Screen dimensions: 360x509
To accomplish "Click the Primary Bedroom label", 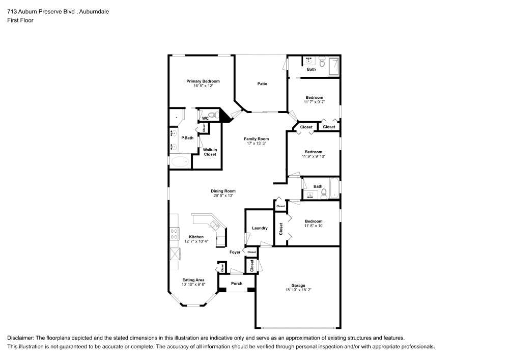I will [x=203, y=81].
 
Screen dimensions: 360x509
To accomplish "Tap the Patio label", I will [x=262, y=84].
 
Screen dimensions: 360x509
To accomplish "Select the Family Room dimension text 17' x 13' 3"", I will [x=256, y=144].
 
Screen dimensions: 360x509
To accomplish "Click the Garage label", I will [x=298, y=285].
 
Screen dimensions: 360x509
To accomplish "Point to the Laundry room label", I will [x=260, y=228].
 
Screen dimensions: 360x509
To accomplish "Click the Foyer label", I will [x=235, y=252].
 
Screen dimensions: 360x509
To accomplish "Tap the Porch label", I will [x=237, y=284].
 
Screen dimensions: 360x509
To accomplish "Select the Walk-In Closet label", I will [x=210, y=152].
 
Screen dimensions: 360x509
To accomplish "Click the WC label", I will [x=205, y=118].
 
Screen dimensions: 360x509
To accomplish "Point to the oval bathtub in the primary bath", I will [x=179, y=162].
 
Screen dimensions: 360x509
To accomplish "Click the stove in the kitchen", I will [x=174, y=234].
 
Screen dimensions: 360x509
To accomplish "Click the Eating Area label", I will [x=193, y=280].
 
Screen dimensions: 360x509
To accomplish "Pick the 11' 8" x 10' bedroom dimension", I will [x=314, y=226].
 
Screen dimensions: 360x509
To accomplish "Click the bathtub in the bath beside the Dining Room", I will [x=334, y=189].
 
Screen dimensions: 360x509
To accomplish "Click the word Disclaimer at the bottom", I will [x=22, y=338].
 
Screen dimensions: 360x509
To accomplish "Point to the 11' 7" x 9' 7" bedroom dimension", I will [x=314, y=102].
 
